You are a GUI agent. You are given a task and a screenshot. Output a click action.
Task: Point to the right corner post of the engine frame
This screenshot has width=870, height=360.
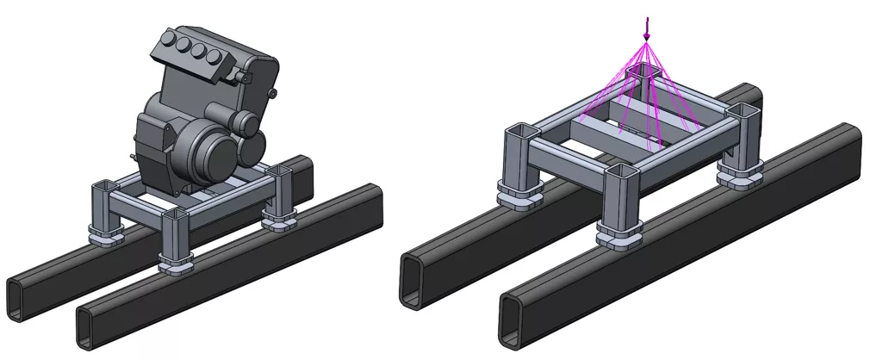[x=280, y=195]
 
